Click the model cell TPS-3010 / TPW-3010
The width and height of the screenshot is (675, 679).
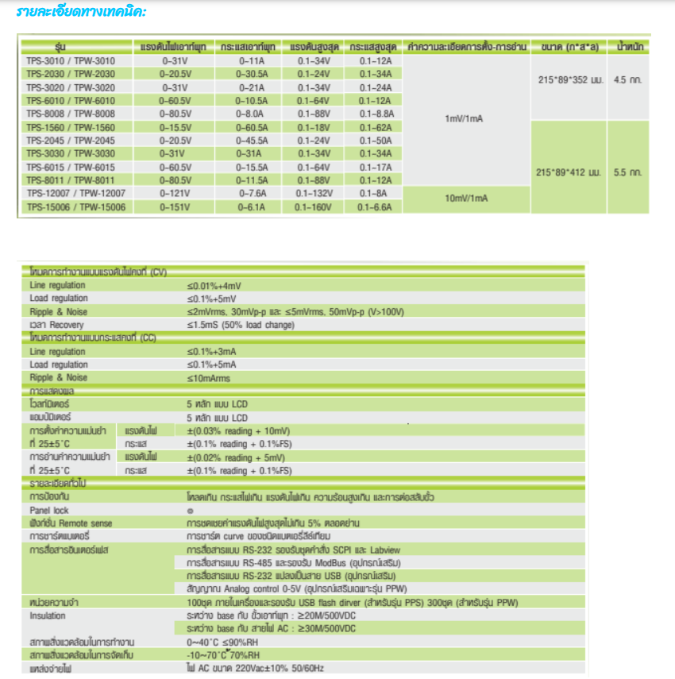click(x=71, y=60)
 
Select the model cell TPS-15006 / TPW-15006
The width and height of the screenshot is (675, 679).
click(x=71, y=206)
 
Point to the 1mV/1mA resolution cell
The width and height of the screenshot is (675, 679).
click(x=465, y=119)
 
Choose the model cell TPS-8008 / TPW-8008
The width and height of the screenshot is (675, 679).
click(x=71, y=114)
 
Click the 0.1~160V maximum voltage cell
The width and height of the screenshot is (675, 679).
click(x=313, y=206)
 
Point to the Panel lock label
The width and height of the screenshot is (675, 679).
click(x=49, y=511)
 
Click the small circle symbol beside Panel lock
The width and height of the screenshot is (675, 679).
click(x=190, y=511)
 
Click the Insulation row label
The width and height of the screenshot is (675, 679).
click(x=48, y=615)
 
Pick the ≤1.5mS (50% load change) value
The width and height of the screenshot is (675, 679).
click(x=241, y=325)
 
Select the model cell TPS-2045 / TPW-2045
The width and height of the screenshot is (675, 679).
click(x=71, y=141)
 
